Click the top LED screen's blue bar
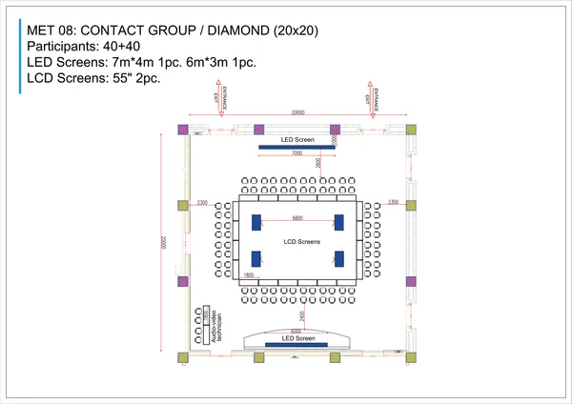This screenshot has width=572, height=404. (x=296, y=147)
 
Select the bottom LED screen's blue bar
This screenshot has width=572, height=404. (x=296, y=344)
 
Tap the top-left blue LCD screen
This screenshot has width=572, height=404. (x=256, y=222)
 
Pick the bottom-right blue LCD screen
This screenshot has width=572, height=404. (x=339, y=258)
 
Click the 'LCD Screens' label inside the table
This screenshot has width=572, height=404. (x=302, y=242)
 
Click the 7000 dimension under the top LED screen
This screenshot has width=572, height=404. (x=296, y=152)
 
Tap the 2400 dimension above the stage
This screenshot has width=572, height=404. (x=302, y=315)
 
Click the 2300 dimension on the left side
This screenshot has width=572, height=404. (x=202, y=203)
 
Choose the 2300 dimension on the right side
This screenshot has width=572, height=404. (x=393, y=203)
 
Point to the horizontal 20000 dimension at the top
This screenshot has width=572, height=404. (x=297, y=112)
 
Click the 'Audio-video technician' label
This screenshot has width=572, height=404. (x=217, y=326)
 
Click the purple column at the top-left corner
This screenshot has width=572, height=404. (x=184, y=129)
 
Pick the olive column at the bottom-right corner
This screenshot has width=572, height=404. (x=411, y=356)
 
